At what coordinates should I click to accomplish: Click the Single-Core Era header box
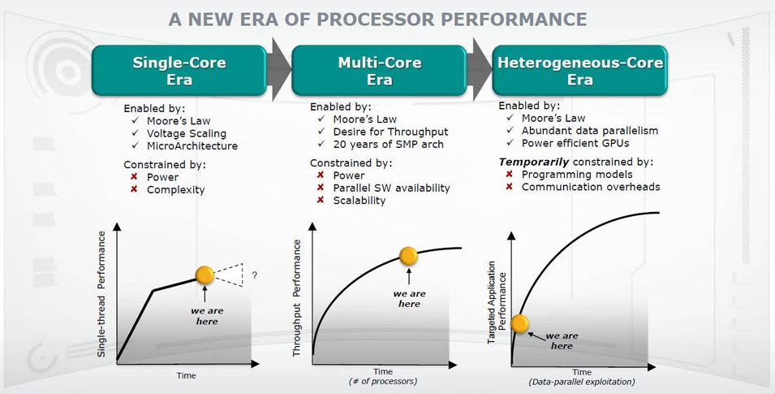click(179, 71)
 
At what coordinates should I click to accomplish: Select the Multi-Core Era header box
click(379, 71)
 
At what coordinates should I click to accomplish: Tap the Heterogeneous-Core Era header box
click(579, 71)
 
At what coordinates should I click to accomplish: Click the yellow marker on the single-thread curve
click(205, 275)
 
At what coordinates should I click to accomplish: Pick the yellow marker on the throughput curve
click(408, 256)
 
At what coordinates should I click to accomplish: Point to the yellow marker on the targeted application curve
click(519, 323)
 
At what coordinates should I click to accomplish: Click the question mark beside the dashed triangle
click(255, 275)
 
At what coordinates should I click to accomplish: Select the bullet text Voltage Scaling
click(187, 134)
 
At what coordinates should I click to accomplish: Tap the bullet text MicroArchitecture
click(192, 146)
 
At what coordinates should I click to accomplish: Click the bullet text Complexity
click(175, 190)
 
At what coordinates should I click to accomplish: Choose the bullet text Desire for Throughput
click(390, 132)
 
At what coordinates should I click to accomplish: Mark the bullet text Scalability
click(360, 201)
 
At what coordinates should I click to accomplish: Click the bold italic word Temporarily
click(534, 162)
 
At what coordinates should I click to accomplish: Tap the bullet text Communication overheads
click(591, 187)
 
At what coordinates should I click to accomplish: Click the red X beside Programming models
click(509, 174)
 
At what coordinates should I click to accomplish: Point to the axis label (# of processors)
click(383, 382)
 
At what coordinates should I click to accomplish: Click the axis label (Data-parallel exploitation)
click(582, 382)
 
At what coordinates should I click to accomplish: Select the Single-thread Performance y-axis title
click(101, 295)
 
